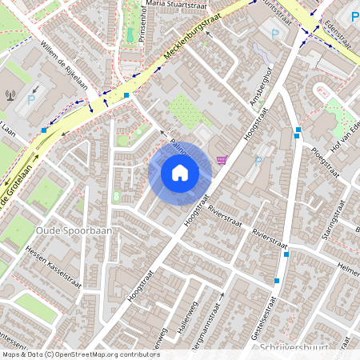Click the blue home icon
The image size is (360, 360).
click(180, 172)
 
